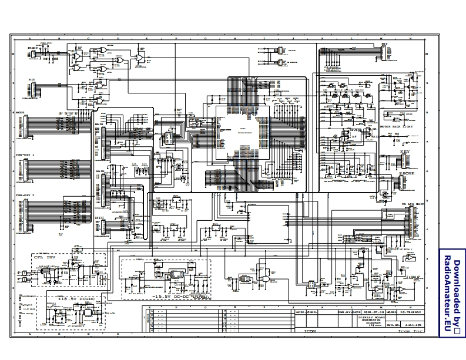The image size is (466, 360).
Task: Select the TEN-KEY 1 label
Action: click(25, 155)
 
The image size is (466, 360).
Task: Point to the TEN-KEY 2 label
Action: click(25, 194)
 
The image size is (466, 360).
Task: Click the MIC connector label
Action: click(99, 217)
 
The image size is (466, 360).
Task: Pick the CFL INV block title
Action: click(43, 257)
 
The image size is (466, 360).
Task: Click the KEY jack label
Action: click(404, 152)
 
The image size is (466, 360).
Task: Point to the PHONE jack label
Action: click(406, 174)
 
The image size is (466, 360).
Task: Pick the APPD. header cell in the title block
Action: click(299, 312)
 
